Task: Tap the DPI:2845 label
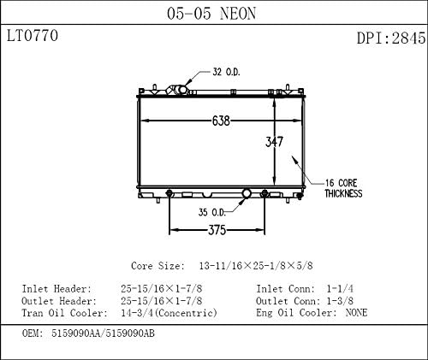(389, 38)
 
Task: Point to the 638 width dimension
(220, 121)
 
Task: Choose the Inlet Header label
(56, 289)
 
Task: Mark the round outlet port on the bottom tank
(247, 195)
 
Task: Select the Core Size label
(160, 267)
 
